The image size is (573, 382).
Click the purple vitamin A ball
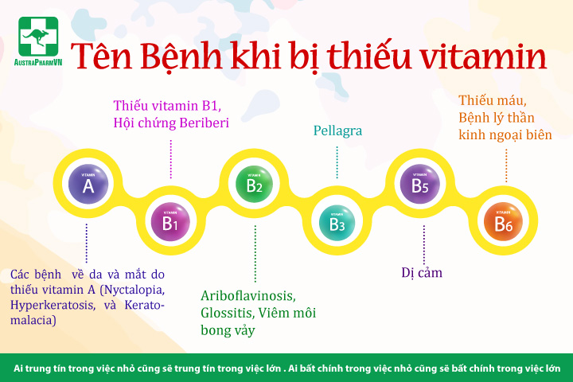point(88,184)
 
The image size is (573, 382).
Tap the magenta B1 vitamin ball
point(170,221)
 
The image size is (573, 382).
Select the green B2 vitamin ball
point(254,184)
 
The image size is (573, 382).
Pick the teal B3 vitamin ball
point(337,223)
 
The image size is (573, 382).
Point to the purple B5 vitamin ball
point(420,184)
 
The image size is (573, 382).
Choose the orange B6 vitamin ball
point(503,221)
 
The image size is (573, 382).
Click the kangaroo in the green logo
point(36,37)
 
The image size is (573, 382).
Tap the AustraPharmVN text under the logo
point(38,62)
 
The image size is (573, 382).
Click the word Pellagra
point(337,131)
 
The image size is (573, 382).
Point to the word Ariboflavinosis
point(248,296)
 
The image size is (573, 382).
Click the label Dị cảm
point(422,273)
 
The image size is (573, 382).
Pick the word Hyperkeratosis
point(51,305)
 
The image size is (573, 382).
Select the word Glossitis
point(227,313)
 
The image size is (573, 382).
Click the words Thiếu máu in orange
point(493,100)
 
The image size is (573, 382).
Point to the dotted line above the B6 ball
point(506,166)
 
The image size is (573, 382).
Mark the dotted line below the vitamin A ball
point(87,243)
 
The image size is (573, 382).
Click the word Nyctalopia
point(132,290)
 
